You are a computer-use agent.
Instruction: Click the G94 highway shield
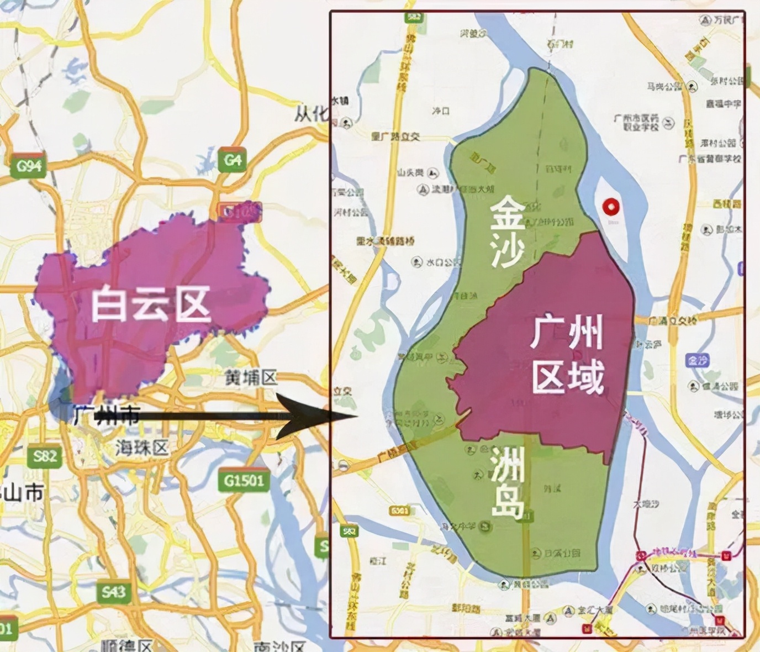[x=29, y=165]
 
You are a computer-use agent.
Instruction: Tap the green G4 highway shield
[x=232, y=160]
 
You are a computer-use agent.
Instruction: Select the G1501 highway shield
[x=244, y=481]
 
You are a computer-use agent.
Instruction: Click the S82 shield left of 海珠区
[x=45, y=456]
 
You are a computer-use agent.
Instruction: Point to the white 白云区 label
[x=151, y=304]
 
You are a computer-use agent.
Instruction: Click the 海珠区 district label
[x=141, y=447]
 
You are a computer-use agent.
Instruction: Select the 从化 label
[x=311, y=114]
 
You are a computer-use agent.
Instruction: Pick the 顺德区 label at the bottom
[x=126, y=645]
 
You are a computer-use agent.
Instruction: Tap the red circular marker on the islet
[x=610, y=208]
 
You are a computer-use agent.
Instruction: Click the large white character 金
[x=508, y=213]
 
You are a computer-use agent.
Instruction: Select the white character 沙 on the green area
[x=507, y=252]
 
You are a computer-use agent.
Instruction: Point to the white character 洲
[x=507, y=464]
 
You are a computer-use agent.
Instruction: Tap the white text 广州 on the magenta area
[x=567, y=333]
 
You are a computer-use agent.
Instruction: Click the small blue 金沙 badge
[x=697, y=360]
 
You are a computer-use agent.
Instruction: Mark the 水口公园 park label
[x=437, y=262]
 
